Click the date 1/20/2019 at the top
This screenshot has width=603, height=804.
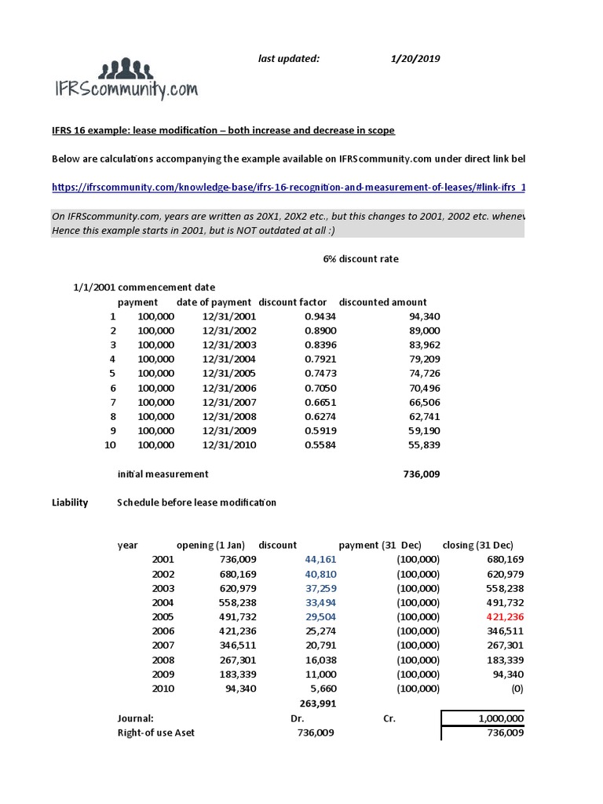(416, 58)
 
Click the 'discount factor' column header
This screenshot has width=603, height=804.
(291, 302)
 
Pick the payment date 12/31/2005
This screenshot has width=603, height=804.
(229, 374)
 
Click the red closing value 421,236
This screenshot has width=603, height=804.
(505, 617)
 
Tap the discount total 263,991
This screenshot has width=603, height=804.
(319, 703)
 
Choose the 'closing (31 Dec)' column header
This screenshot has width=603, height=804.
(478, 546)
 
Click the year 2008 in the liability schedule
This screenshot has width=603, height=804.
(163, 660)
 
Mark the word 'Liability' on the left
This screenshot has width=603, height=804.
(69, 502)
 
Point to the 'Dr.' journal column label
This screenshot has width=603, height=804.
(297, 718)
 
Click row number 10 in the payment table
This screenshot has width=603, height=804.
(110, 445)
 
